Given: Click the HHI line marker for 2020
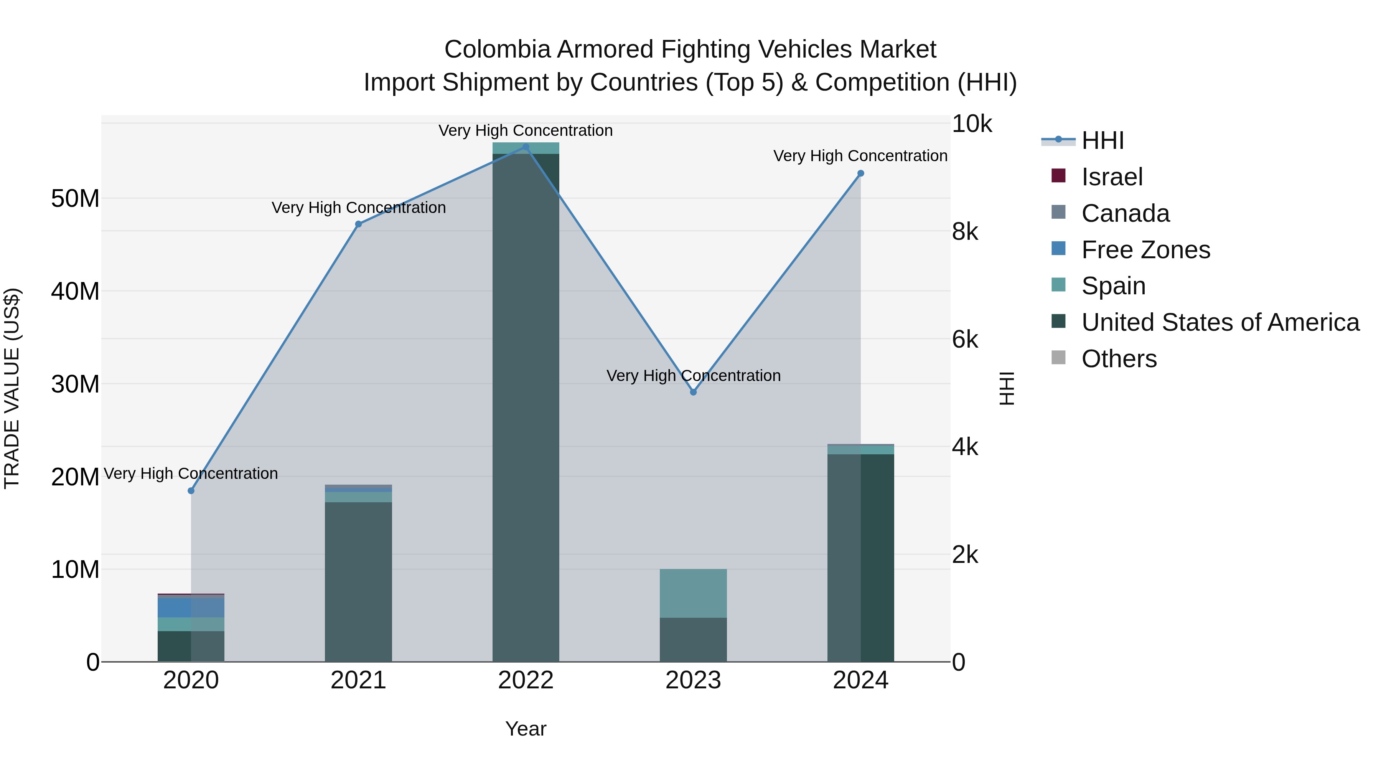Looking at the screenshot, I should click(191, 491).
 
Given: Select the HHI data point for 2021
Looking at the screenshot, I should click(359, 224).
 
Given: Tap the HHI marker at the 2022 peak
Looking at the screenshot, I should click(526, 147).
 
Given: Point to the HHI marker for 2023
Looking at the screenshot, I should click(693, 392).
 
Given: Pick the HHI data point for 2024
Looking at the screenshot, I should click(860, 173).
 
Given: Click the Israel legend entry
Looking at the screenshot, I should click(1112, 177).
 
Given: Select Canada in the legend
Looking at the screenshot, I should click(1125, 213).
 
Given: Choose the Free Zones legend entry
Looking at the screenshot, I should click(1145, 250).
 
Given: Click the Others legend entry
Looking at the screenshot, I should click(1119, 359).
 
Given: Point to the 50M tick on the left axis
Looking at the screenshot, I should click(75, 198).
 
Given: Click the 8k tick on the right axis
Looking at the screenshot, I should click(965, 232).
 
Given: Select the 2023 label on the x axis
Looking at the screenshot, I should click(693, 680).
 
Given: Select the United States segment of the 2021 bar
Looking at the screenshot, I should click(359, 582).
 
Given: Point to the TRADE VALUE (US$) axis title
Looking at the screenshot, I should click(12, 388).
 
